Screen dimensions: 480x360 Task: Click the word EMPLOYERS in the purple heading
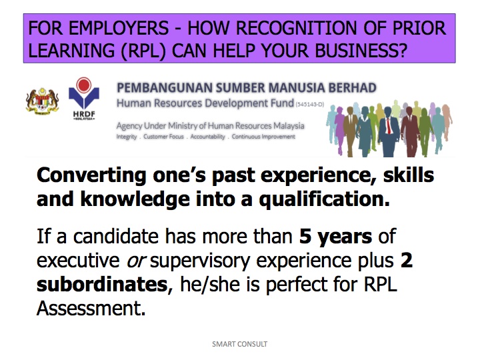tap(119, 28)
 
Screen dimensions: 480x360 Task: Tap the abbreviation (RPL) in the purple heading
tap(143, 51)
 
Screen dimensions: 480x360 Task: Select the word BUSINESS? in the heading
tap(361, 51)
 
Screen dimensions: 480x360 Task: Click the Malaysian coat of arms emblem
tap(42, 101)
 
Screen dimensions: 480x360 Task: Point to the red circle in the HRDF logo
tap(84, 84)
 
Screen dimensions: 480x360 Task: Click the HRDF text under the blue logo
tap(84, 114)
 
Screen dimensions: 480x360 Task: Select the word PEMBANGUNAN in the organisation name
tap(165, 88)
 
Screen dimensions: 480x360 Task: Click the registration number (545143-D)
tap(310, 105)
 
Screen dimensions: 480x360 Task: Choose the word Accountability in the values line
tap(207, 137)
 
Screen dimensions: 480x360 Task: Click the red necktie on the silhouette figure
tap(389, 126)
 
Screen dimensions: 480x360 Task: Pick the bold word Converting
tap(91, 175)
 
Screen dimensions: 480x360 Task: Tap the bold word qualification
tap(325, 199)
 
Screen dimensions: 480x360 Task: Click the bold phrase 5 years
tap(335, 237)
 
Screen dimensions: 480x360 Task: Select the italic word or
tap(136, 261)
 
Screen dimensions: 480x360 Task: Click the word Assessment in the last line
tap(91, 308)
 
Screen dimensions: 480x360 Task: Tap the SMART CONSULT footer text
tap(240, 344)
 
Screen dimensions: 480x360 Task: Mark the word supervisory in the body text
tap(201, 261)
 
